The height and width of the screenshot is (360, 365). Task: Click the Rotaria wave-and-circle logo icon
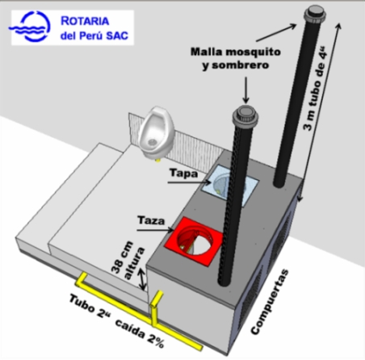tap(30, 27)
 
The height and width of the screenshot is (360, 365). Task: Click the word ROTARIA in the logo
tap(85, 21)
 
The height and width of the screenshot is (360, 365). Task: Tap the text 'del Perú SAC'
tap(94, 36)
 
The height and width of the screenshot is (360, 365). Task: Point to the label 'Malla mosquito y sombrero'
tap(236, 58)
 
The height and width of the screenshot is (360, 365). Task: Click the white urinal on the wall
tap(157, 134)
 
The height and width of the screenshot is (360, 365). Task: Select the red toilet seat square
tap(193, 241)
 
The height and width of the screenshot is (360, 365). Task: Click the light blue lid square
tap(230, 185)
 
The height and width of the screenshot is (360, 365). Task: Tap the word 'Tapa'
tap(184, 173)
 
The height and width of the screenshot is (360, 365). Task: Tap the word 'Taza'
tap(151, 220)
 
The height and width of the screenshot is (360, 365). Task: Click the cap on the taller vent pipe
tap(315, 14)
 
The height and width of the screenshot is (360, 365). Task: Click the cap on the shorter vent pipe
tap(245, 115)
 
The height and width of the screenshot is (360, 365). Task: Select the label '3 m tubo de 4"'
tap(314, 88)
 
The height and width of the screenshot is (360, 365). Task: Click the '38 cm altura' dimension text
tap(128, 261)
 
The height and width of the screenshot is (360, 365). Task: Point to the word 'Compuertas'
tap(270, 302)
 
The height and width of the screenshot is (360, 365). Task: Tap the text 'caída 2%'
tap(140, 333)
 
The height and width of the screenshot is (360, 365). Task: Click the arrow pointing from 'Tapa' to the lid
tap(190, 182)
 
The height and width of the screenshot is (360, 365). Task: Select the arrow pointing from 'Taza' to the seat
tap(155, 230)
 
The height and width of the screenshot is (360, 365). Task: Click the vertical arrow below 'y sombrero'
tap(245, 90)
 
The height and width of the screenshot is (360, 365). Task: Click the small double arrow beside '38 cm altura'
tap(142, 279)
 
